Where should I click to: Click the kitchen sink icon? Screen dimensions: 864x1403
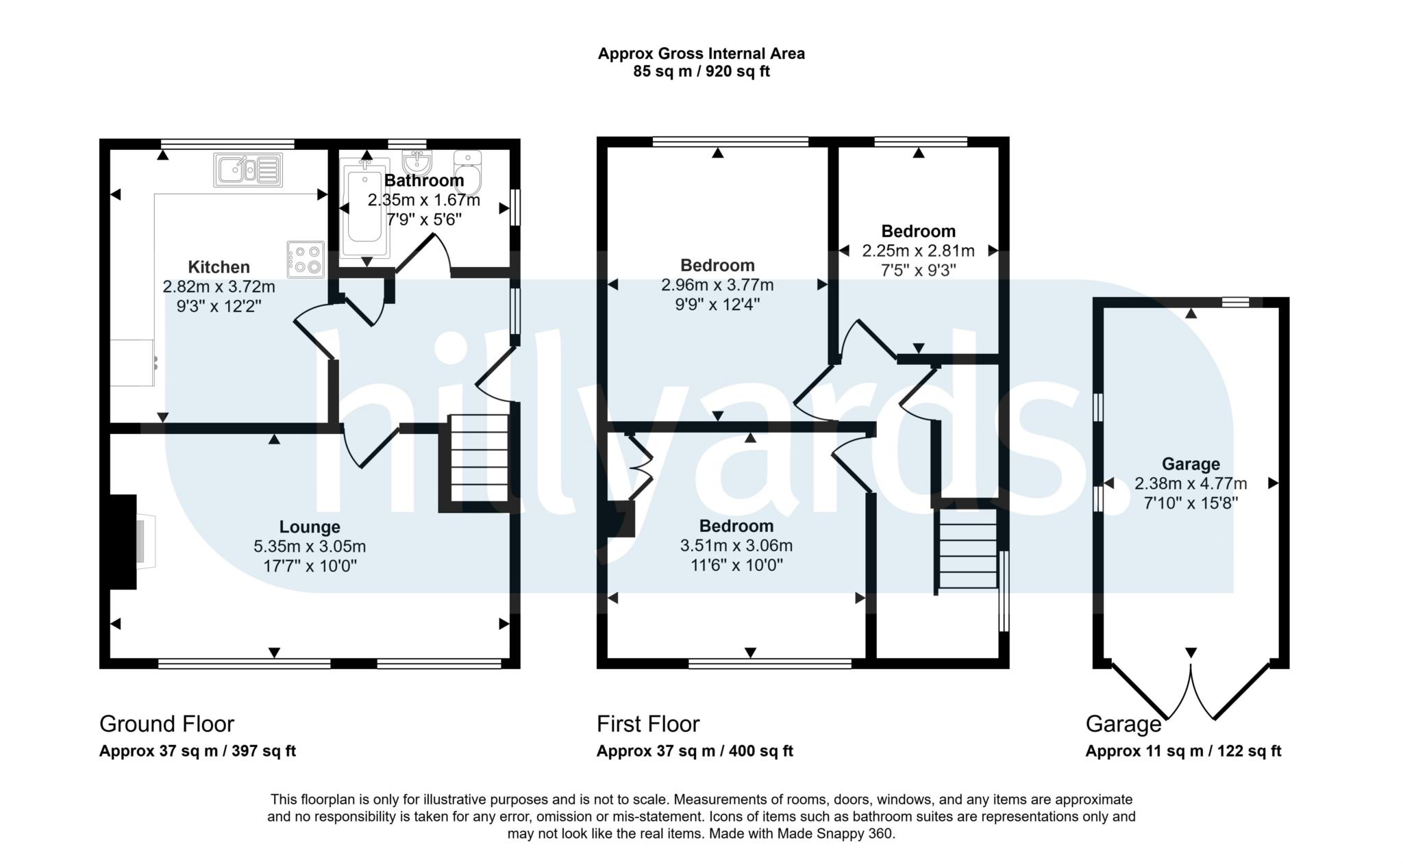[248, 169]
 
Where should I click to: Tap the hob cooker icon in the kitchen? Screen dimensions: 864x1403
[306, 259]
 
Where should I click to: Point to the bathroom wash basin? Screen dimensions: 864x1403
[416, 162]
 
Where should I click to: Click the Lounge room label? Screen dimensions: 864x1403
[310, 526]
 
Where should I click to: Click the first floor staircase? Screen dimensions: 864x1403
[967, 548]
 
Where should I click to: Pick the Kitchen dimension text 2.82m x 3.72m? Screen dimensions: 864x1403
[219, 287]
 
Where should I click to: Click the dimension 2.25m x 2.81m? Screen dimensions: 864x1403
[918, 251]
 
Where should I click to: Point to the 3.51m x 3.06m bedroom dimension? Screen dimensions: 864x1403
[736, 546]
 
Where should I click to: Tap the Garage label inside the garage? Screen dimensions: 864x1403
[1191, 463]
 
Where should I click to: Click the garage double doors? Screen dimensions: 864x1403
[1191, 691]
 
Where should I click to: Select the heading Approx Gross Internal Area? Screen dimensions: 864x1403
[701, 53]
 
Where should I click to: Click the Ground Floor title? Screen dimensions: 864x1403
[166, 724]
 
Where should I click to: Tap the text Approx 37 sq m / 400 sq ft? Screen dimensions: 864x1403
[695, 751]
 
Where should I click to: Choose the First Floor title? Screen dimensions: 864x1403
[648, 724]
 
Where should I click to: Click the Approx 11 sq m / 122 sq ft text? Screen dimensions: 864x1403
[1183, 751]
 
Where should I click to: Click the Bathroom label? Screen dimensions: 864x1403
[424, 181]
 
